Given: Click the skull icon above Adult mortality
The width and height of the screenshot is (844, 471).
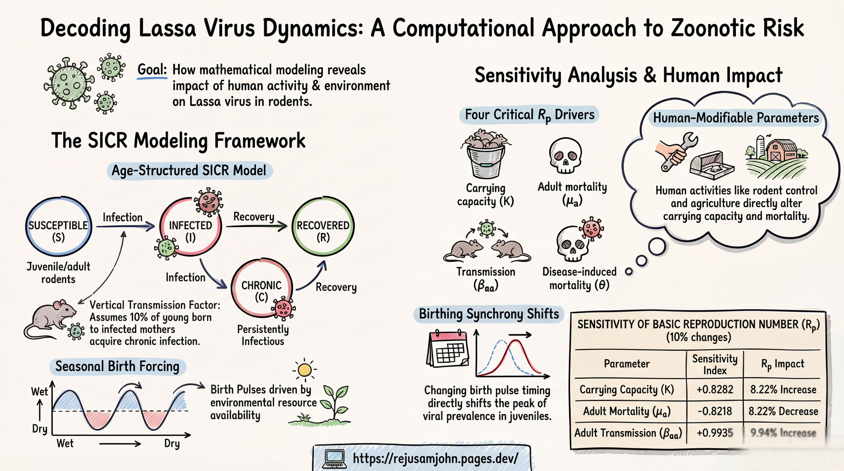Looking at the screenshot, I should [565, 156].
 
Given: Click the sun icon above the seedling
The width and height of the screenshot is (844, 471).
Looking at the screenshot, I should [304, 370].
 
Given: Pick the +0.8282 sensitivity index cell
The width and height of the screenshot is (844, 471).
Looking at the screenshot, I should [715, 389].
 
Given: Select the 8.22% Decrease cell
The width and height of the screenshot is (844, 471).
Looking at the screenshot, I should [783, 411].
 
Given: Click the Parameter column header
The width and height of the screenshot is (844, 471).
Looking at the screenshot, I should [627, 363].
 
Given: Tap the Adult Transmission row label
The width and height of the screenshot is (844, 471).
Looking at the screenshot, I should [628, 433].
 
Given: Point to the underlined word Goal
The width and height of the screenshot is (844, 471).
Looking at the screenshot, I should [152, 70].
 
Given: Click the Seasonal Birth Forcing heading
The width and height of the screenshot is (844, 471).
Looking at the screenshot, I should [117, 367].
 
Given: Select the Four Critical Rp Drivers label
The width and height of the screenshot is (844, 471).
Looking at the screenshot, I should [529, 114].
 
